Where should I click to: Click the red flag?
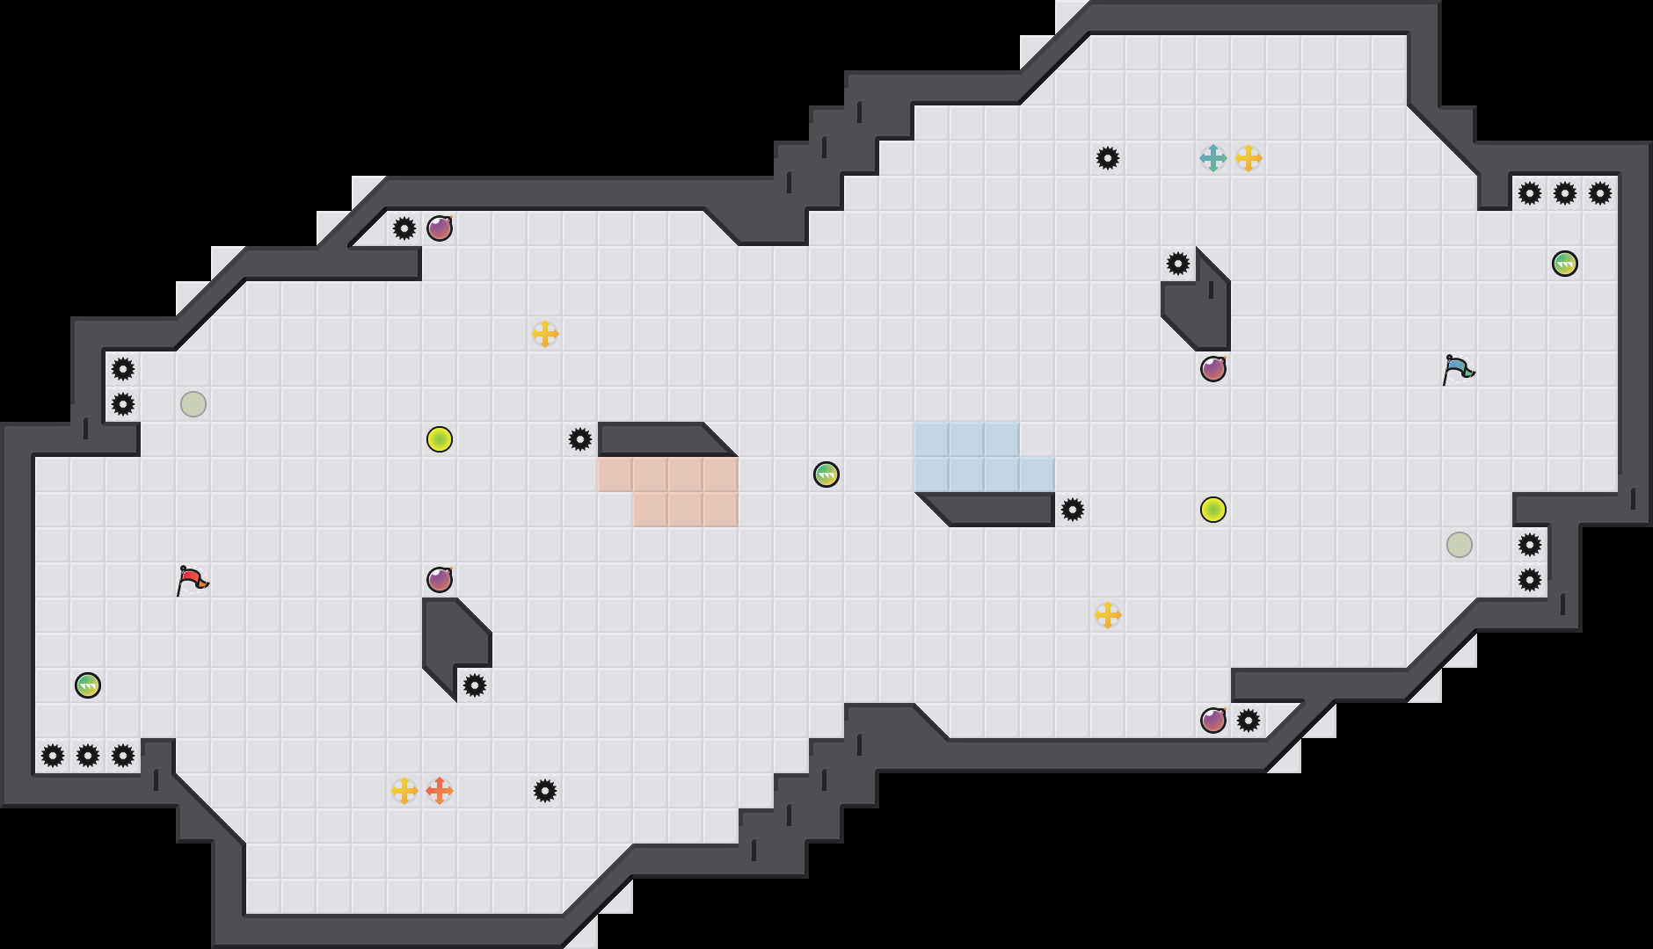coord(192,580)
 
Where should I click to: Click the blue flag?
coord(1458,369)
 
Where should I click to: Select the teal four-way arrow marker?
coord(1213,158)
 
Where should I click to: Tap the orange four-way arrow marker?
coord(440,791)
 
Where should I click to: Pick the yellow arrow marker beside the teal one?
coord(1249,158)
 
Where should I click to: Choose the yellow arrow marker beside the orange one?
coord(404,791)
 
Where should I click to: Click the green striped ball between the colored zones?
coord(826,474)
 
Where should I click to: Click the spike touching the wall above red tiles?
coord(580,439)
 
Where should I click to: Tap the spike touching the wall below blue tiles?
coord(1073,510)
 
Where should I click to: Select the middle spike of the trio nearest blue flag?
coord(1565,193)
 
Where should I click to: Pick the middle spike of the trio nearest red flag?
coord(88,756)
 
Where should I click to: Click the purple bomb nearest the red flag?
coord(440,580)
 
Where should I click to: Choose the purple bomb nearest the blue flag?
coord(1213,369)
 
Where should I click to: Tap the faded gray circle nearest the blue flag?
coord(1460,545)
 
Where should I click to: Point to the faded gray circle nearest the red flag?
coord(193,404)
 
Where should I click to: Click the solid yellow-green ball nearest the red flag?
coord(440,439)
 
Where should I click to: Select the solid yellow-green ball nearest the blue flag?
coord(1213,510)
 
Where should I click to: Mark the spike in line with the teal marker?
coord(1108,158)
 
